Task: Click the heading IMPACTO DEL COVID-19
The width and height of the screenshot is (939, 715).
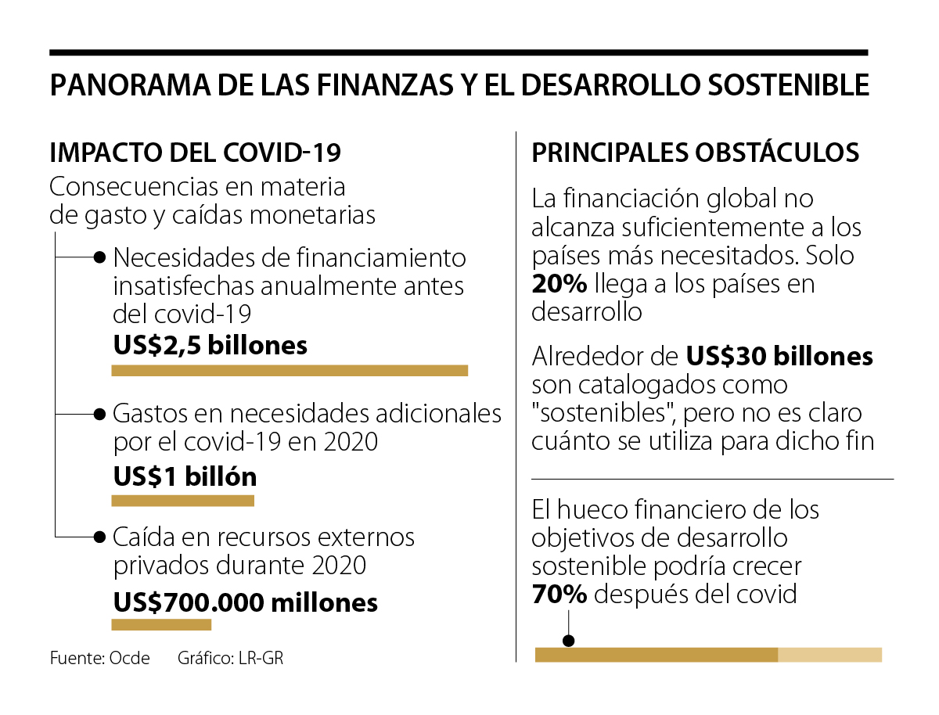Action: click(195, 152)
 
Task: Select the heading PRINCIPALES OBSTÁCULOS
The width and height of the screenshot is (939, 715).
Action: click(696, 152)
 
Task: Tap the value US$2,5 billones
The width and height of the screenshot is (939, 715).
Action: click(210, 345)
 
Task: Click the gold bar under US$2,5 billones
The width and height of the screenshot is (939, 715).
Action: click(290, 371)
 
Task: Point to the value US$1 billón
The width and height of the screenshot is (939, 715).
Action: click(185, 476)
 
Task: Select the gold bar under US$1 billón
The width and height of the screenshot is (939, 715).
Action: click(182, 501)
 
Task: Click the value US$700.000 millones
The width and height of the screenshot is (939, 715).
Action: click(246, 602)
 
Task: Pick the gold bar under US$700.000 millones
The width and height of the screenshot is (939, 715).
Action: click(161, 624)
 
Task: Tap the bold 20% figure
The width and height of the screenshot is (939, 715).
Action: click(559, 284)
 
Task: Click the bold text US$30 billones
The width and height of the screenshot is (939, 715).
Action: click(779, 357)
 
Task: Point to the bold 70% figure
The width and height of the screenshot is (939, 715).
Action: click(559, 595)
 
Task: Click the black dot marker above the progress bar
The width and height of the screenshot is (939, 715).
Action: click(569, 641)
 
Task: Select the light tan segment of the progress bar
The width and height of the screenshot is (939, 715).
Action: click(829, 655)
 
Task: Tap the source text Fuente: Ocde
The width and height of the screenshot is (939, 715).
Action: click(99, 658)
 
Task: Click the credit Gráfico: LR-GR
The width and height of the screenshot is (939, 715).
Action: click(230, 658)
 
